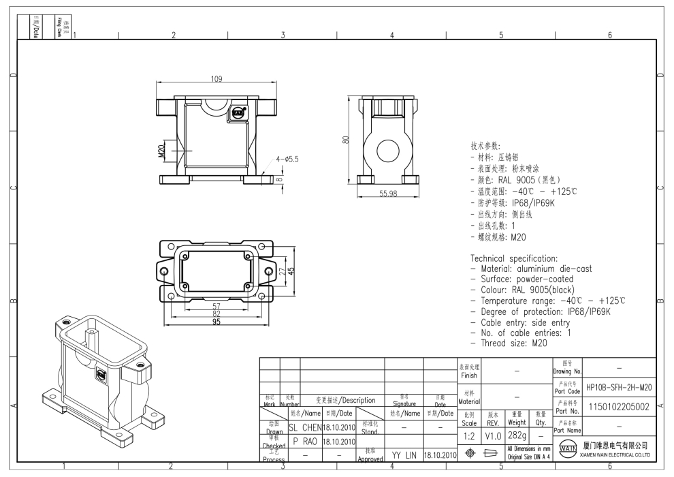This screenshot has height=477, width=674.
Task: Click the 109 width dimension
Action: point(216,80)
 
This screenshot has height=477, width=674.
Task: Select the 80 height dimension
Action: point(346,141)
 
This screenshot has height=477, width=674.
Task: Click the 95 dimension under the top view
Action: point(216,322)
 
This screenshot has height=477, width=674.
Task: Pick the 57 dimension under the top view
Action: point(216,306)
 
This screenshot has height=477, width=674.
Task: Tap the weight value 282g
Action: point(517,435)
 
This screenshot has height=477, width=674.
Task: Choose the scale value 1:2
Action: point(469,435)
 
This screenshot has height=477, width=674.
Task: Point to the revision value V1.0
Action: point(493,435)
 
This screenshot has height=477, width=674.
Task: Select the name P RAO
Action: point(306,441)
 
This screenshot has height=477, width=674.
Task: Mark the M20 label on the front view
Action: point(162,151)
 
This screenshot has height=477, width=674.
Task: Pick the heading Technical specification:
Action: point(514,259)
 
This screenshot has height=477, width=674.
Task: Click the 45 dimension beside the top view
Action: point(292,271)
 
